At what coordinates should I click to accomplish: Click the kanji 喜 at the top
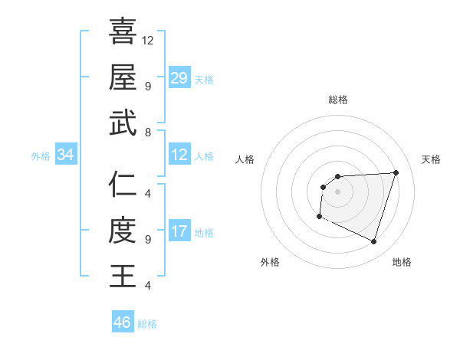(123, 31)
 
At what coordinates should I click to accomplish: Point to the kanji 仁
(123, 184)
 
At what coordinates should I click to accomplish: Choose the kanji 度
(123, 230)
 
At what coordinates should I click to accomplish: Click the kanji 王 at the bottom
(123, 276)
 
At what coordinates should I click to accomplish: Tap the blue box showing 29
(179, 78)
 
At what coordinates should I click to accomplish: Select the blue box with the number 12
(179, 155)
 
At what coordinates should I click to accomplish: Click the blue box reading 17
(179, 231)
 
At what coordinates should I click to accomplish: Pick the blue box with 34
(66, 155)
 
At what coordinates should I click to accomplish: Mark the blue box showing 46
(123, 322)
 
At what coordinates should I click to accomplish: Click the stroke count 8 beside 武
(147, 133)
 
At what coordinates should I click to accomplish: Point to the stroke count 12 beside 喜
(148, 40)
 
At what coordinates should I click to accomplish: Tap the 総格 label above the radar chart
(338, 100)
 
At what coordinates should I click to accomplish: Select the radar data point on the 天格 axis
(396, 172)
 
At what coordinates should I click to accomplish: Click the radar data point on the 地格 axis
(373, 242)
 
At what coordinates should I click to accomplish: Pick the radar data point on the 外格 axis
(319, 217)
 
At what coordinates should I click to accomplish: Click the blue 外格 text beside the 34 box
(41, 156)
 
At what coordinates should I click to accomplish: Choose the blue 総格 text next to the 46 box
(147, 324)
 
